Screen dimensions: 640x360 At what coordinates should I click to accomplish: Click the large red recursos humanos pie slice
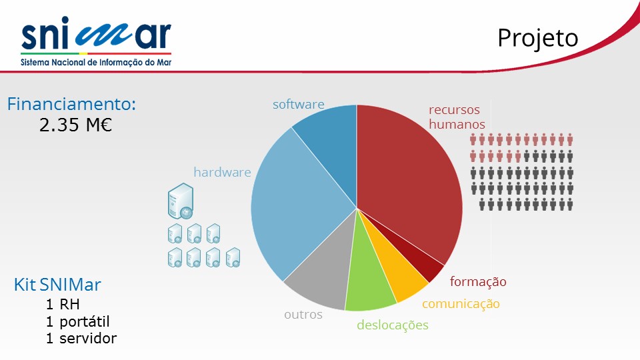tap(404, 179)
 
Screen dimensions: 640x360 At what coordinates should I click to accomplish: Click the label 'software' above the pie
tap(299, 105)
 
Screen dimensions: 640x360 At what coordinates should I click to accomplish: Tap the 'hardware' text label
tap(222, 172)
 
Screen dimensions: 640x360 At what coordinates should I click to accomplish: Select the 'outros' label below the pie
tap(303, 315)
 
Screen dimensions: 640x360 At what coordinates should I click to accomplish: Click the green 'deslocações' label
tap(393, 325)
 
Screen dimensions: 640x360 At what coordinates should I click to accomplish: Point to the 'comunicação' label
tap(461, 304)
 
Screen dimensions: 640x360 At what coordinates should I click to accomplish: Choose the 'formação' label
tap(478, 281)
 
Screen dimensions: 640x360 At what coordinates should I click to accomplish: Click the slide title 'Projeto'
tap(538, 39)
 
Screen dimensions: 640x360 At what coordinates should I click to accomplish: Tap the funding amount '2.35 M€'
tap(75, 125)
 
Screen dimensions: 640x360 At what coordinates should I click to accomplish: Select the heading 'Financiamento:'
tap(71, 104)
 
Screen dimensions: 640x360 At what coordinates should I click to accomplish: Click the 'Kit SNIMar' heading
tap(57, 285)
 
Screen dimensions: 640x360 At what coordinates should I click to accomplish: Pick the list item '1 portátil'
tap(77, 321)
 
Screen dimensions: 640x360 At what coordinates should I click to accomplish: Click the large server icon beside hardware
tap(181, 201)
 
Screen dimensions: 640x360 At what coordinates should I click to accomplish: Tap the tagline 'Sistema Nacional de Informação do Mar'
tap(96, 63)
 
